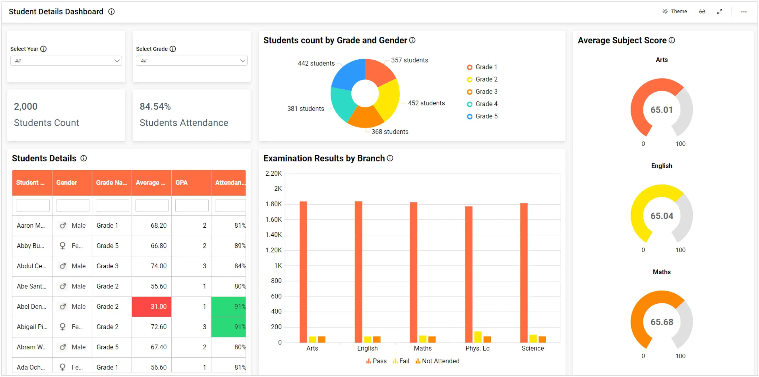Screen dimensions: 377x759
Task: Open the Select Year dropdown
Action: coord(66,61)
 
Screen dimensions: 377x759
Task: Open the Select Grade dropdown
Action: coord(191,61)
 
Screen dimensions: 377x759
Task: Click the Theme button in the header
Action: coord(675,12)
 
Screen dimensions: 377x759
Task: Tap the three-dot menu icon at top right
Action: coord(744,12)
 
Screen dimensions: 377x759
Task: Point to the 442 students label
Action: coord(316,63)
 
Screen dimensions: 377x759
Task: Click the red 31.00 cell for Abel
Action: coord(152,306)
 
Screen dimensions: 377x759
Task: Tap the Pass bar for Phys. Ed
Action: coord(468,274)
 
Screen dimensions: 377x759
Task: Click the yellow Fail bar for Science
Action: coord(533,338)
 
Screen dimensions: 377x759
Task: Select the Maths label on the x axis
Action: coord(423,348)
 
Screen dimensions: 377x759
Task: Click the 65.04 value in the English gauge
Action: coord(662,216)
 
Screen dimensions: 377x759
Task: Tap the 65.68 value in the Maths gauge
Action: coord(662,322)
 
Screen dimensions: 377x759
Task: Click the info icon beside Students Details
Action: coord(84,159)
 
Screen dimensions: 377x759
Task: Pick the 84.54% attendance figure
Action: coord(155,106)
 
